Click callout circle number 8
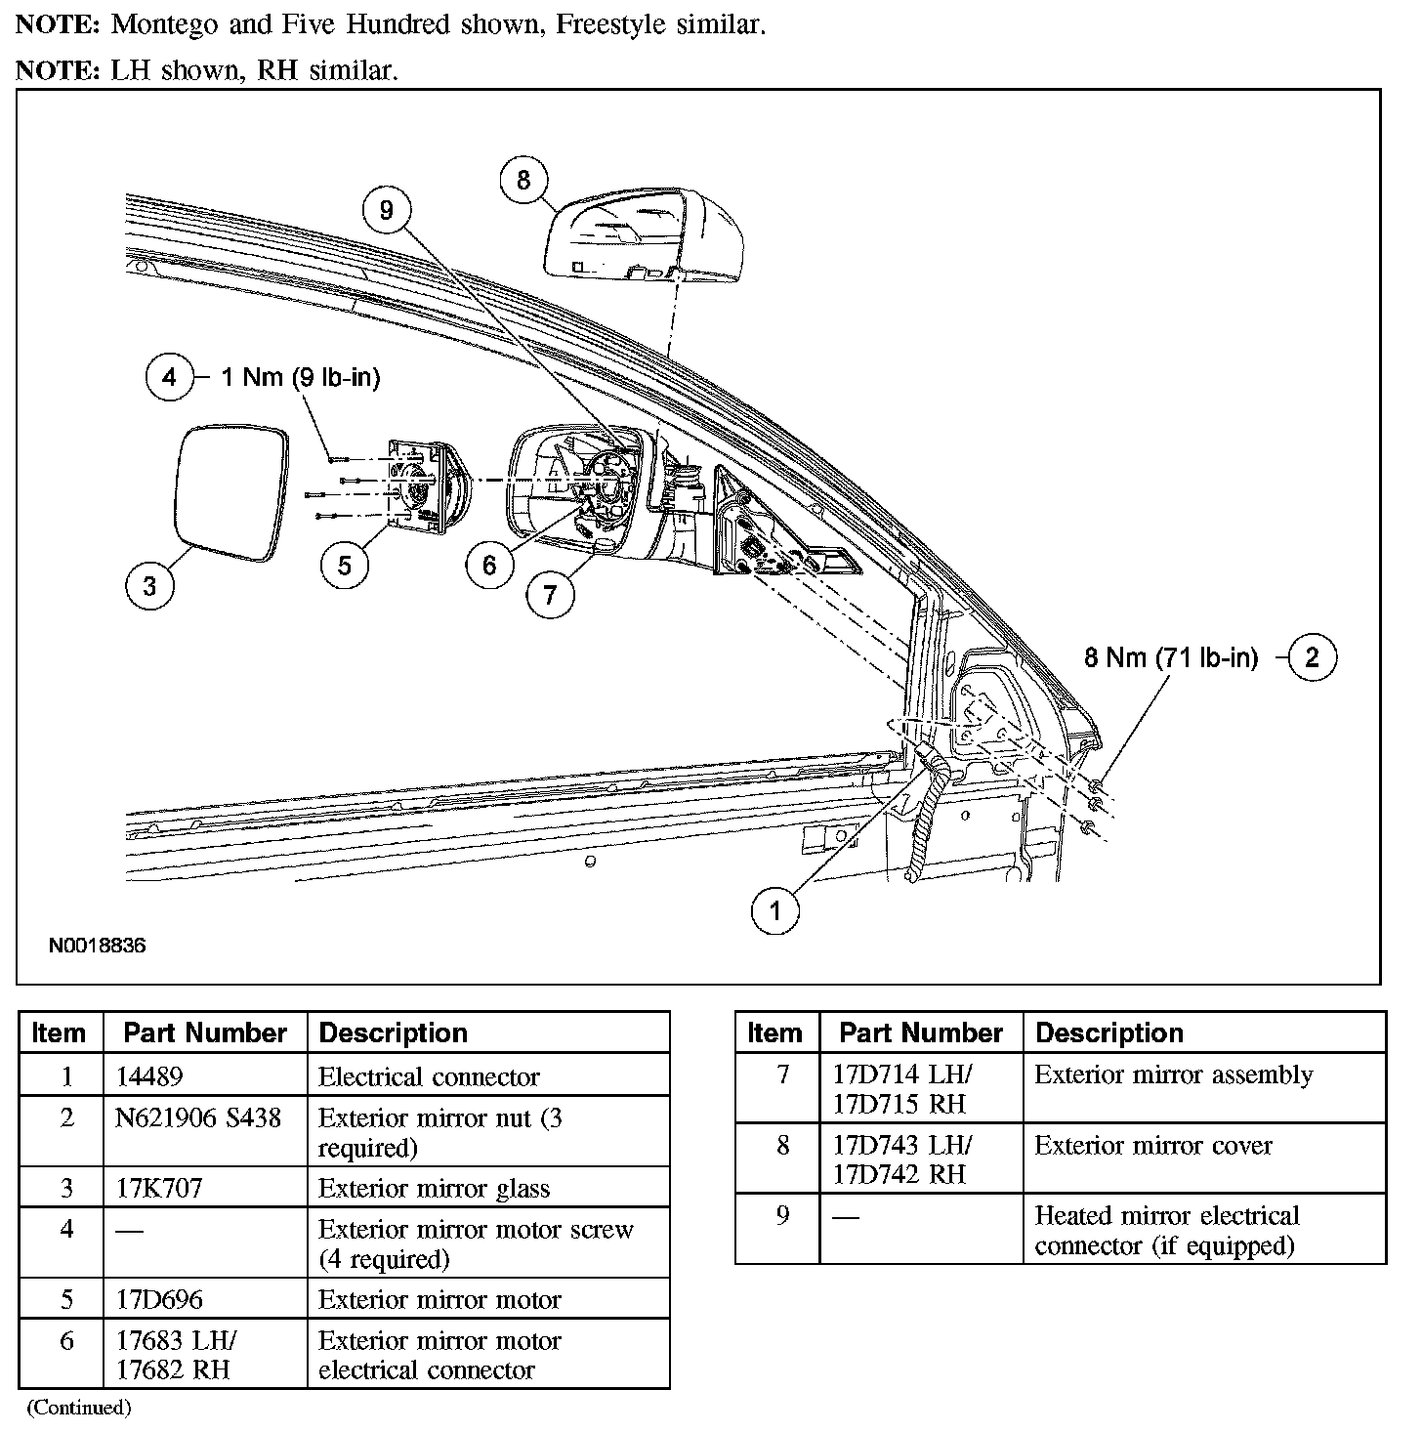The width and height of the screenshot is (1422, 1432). pyautogui.click(x=523, y=180)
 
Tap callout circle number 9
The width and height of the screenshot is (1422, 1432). pyautogui.click(x=387, y=210)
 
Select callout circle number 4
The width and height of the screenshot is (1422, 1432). pyautogui.click(x=169, y=377)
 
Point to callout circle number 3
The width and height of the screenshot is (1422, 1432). pyautogui.click(x=149, y=586)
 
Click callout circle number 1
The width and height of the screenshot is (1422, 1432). pyautogui.click(x=775, y=911)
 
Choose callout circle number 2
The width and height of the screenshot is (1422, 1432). pyautogui.click(x=1312, y=657)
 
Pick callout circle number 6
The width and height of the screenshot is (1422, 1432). pyautogui.click(x=489, y=564)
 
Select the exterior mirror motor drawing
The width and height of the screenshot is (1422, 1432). pyautogui.click(x=424, y=486)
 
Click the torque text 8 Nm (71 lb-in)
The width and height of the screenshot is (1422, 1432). pyautogui.click(x=1171, y=657)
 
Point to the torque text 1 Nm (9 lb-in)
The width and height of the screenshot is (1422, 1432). pyautogui.click(x=300, y=377)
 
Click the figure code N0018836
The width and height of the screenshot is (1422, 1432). pyautogui.click(x=98, y=946)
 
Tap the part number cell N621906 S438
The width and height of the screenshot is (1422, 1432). pyautogui.click(x=198, y=1117)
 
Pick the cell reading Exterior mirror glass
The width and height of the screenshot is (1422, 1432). pyautogui.click(x=434, y=1188)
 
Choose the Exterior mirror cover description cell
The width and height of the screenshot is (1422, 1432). pyautogui.click(x=1153, y=1145)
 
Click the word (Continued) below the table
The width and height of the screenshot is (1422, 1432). pyautogui.click(x=78, y=1408)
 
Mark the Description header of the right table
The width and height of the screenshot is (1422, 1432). pyautogui.click(x=1108, y=1032)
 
